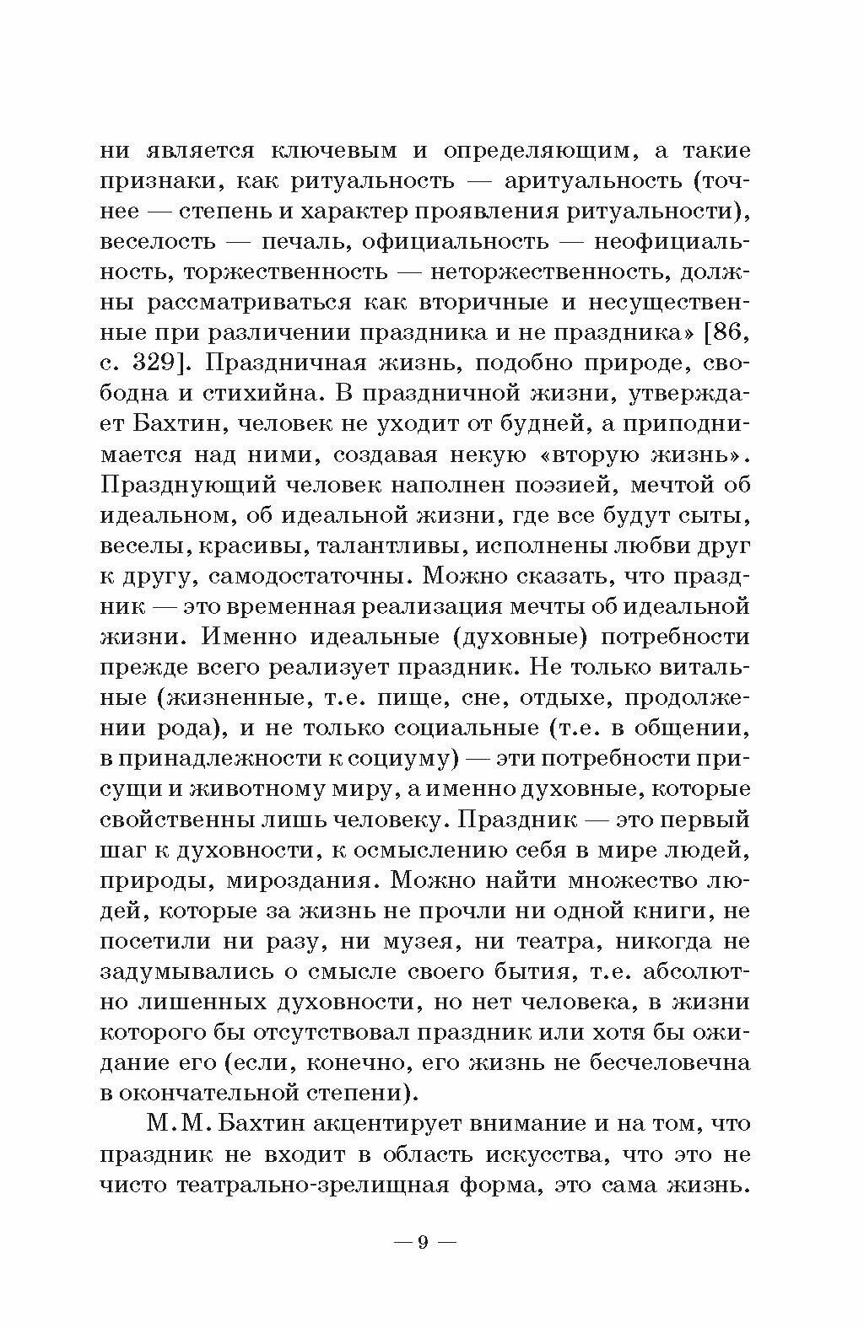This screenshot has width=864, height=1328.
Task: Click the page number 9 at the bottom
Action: pyautogui.click(x=424, y=1242)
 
